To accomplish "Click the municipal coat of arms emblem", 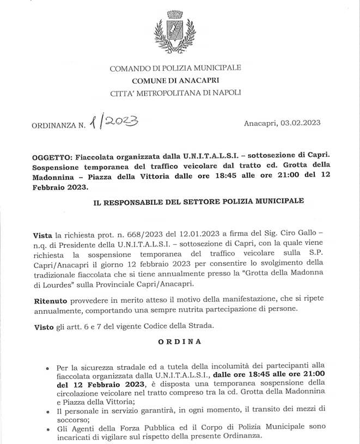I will (x=175, y=33).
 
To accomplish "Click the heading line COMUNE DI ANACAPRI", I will (x=175, y=81).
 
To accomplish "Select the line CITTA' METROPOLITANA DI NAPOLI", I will (x=175, y=93).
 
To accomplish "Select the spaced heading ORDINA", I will (x=180, y=342).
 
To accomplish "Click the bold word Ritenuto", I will (x=51, y=300).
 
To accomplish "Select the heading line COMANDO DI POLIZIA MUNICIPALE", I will (x=175, y=69).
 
